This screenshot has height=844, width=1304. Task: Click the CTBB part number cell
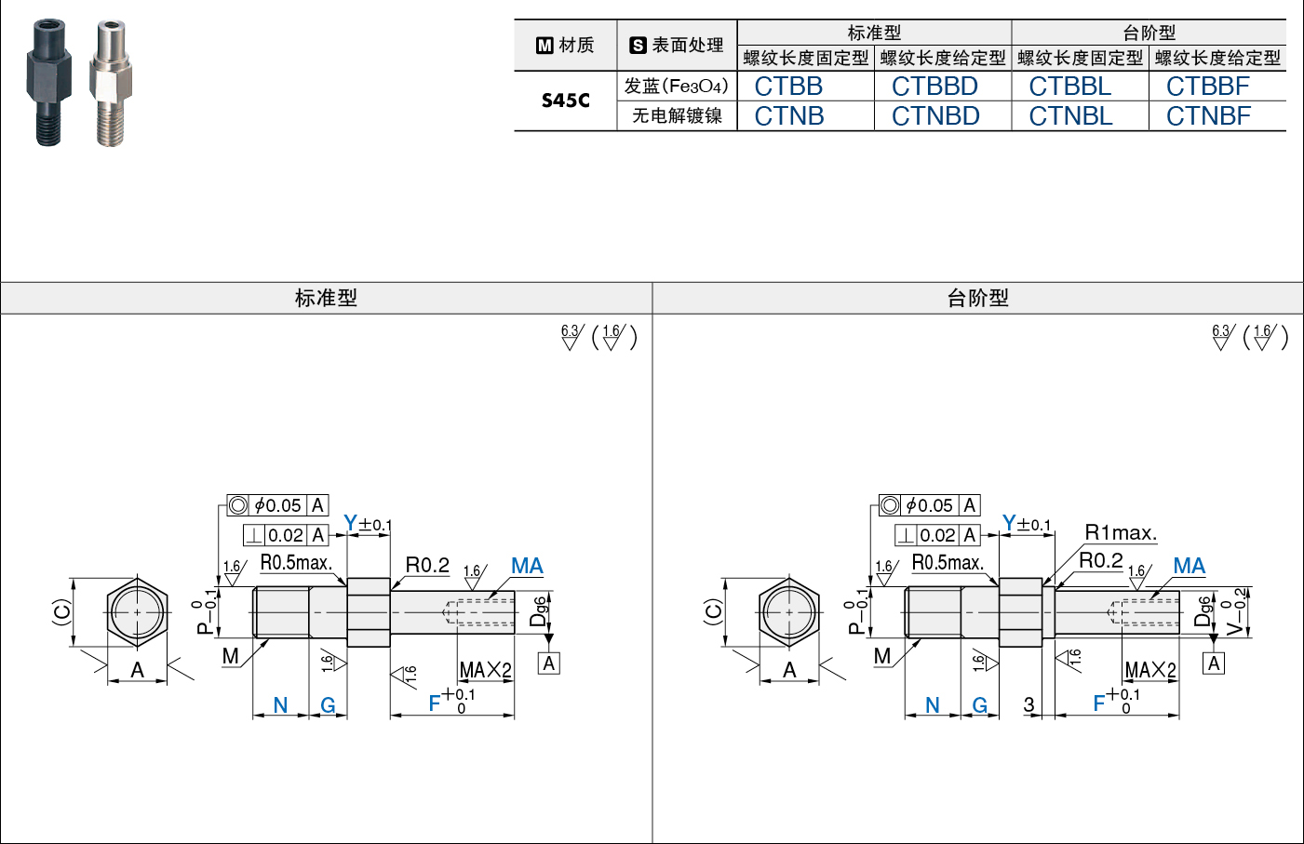coord(788,87)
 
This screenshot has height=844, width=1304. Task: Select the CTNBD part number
coord(935,116)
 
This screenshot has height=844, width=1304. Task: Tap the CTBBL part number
coord(1070,87)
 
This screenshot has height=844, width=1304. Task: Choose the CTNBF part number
coord(1208,116)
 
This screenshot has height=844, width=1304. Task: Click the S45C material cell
coord(565,100)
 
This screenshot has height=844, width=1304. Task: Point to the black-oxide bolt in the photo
coord(49,82)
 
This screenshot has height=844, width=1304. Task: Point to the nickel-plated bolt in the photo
coord(111,83)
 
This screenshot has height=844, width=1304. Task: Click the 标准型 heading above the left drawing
coord(326,298)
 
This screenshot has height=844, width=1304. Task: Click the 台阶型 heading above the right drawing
coord(978,298)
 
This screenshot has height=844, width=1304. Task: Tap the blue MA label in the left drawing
coord(527,566)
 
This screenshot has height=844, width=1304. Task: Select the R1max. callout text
coord(1121,532)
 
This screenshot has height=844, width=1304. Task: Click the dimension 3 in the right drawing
coord(1028,704)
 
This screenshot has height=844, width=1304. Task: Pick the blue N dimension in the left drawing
coord(280,705)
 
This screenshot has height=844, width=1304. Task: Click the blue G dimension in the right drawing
coord(980,705)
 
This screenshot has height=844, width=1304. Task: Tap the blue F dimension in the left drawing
coord(435,703)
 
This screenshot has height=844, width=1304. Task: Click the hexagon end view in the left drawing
coord(138,612)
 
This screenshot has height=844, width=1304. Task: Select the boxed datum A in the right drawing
coord(1213,663)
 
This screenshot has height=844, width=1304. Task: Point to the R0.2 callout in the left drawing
coord(427,565)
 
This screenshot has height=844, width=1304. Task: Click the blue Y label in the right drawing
coord(1009,523)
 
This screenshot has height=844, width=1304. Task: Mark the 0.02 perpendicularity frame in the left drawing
coord(285,535)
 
